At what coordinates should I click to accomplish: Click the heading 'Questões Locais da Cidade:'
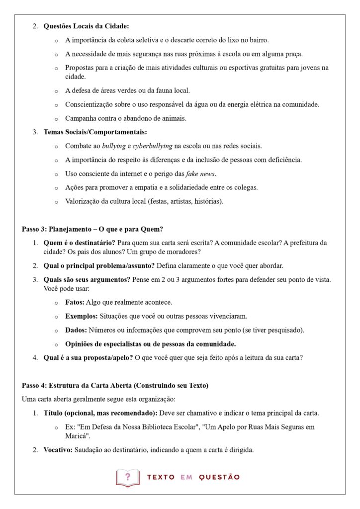[x=86, y=26]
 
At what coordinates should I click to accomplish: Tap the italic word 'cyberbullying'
[x=152, y=146]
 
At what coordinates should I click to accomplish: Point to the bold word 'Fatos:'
[x=75, y=302]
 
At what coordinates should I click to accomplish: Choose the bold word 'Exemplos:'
[x=82, y=316]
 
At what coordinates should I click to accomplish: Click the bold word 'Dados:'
[x=76, y=330]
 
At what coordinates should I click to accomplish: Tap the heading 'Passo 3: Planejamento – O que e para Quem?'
[x=92, y=229]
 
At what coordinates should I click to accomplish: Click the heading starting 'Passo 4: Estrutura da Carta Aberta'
[x=115, y=385]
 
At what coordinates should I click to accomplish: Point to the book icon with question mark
[x=127, y=477]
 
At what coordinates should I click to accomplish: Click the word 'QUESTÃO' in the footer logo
[x=219, y=477]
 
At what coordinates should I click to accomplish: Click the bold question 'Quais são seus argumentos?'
[x=87, y=279]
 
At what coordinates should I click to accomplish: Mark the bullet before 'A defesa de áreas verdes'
[x=56, y=91]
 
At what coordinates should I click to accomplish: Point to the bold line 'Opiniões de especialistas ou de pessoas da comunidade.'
[x=150, y=344]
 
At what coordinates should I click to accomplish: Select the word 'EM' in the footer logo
[x=186, y=477]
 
